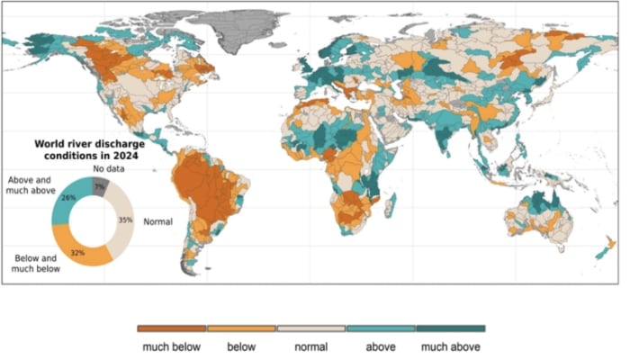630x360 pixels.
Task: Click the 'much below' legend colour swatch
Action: tap(171, 328)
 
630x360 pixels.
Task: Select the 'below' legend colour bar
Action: tap(241, 328)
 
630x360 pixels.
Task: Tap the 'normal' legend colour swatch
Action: tap(311, 328)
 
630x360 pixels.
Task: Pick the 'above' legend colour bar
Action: tap(381, 328)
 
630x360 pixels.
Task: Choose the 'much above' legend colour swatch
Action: tap(450, 328)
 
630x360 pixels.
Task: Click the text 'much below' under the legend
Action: tap(171, 346)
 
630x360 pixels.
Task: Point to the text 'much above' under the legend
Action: tap(450, 346)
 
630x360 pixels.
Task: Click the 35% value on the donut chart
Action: tap(125, 219)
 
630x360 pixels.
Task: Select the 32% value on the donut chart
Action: tap(78, 252)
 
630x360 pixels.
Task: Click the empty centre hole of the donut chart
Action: tap(93, 219)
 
